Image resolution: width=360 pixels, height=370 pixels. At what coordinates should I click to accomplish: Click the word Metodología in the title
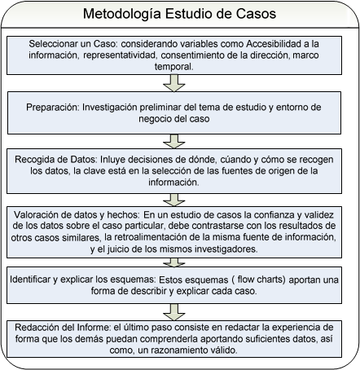122,14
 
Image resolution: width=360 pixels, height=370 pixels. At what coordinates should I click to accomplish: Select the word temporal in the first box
173,67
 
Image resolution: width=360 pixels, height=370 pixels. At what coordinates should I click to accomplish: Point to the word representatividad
120,55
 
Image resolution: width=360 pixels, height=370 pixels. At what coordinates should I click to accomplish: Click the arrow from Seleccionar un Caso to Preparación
174,83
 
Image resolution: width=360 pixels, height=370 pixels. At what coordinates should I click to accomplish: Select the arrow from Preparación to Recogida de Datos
174,141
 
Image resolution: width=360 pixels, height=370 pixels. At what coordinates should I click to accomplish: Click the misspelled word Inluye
112,160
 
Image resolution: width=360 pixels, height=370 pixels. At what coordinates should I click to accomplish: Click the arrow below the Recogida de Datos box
174,200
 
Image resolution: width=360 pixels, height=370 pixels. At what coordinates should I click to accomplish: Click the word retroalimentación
156,237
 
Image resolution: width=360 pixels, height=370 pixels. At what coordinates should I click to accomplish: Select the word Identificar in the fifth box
30,280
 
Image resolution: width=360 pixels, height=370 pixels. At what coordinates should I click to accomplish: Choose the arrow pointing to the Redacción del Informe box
174,312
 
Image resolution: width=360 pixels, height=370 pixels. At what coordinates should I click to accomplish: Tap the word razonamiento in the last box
175,350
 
